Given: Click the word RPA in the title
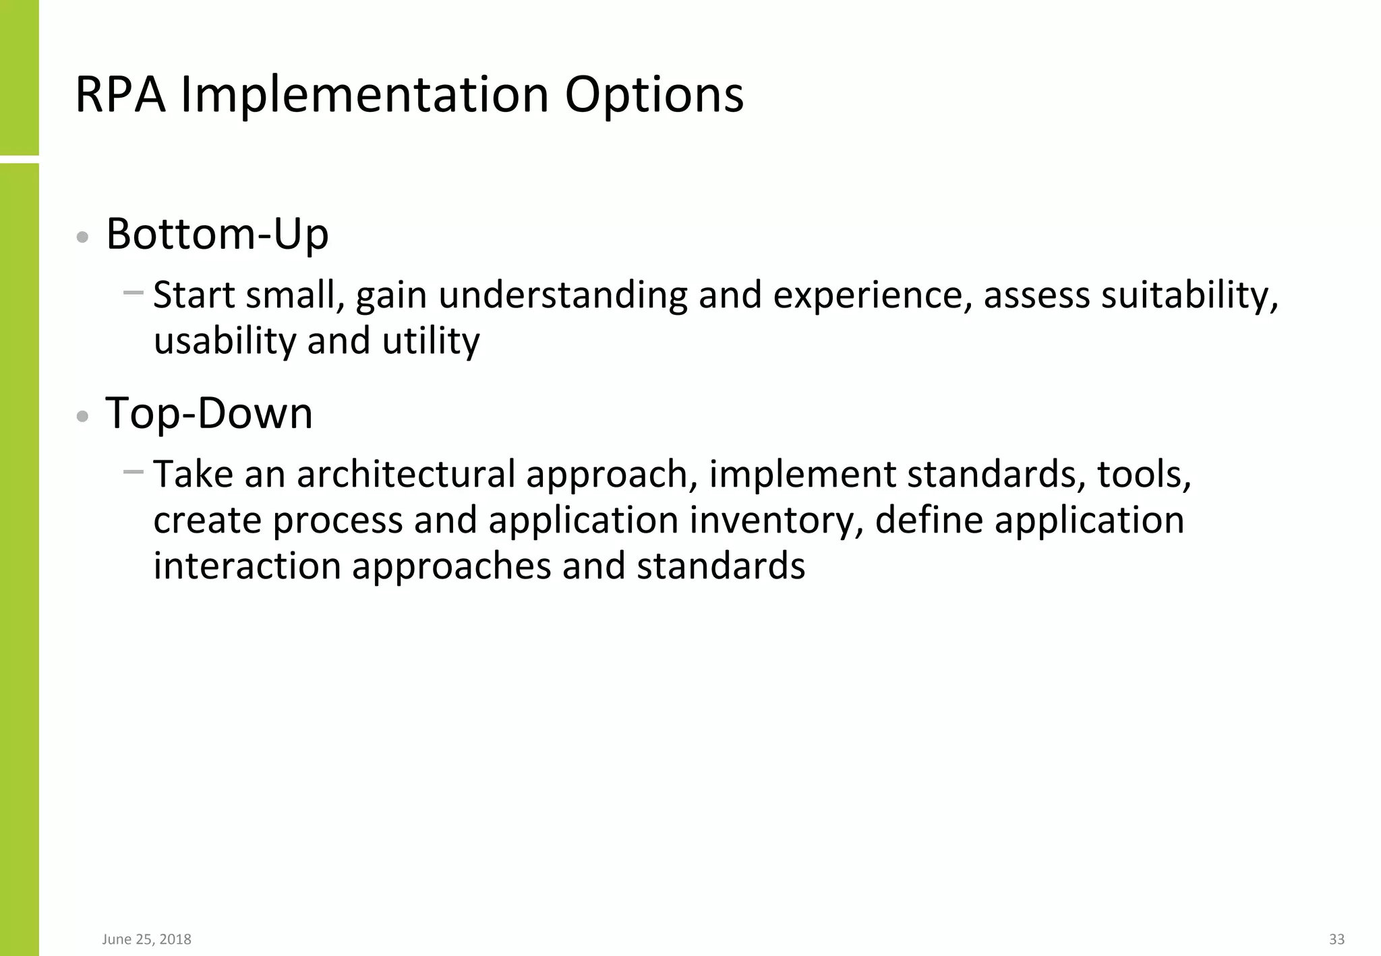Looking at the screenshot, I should pos(120,94).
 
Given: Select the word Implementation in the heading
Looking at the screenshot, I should pos(365,94).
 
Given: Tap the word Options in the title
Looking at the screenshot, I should pos(653,94).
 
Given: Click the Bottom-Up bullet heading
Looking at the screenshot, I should pos(217,234).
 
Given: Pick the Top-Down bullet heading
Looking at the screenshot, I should pos(209,413).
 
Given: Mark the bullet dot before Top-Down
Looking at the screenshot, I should pos(82,416).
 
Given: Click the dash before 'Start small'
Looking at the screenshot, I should pos(134,293).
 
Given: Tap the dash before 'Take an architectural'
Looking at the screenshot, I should pos(134,472).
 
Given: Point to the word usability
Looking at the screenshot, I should pos(225,340).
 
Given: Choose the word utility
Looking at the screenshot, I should pos(431,340).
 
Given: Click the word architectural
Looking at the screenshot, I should pos(406,474).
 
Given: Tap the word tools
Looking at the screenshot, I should pos(1144,474).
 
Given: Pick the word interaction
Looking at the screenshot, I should pos(247,565).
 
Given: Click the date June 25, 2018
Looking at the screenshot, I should pos(146,939).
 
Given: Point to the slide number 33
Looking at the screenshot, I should pos(1336,939).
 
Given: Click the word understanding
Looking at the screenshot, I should pos(562,295).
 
